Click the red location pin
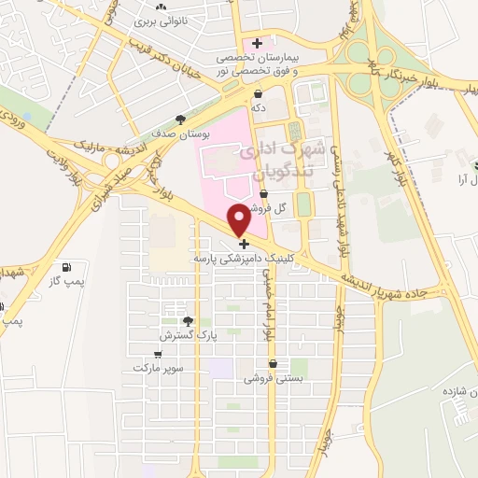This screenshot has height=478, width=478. click(241, 219)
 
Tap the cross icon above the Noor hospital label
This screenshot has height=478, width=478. click(256, 43)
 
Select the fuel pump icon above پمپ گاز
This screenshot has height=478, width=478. click(64, 268)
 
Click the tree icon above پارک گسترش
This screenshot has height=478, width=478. click(189, 320)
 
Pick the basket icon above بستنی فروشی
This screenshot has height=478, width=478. click(274, 364)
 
